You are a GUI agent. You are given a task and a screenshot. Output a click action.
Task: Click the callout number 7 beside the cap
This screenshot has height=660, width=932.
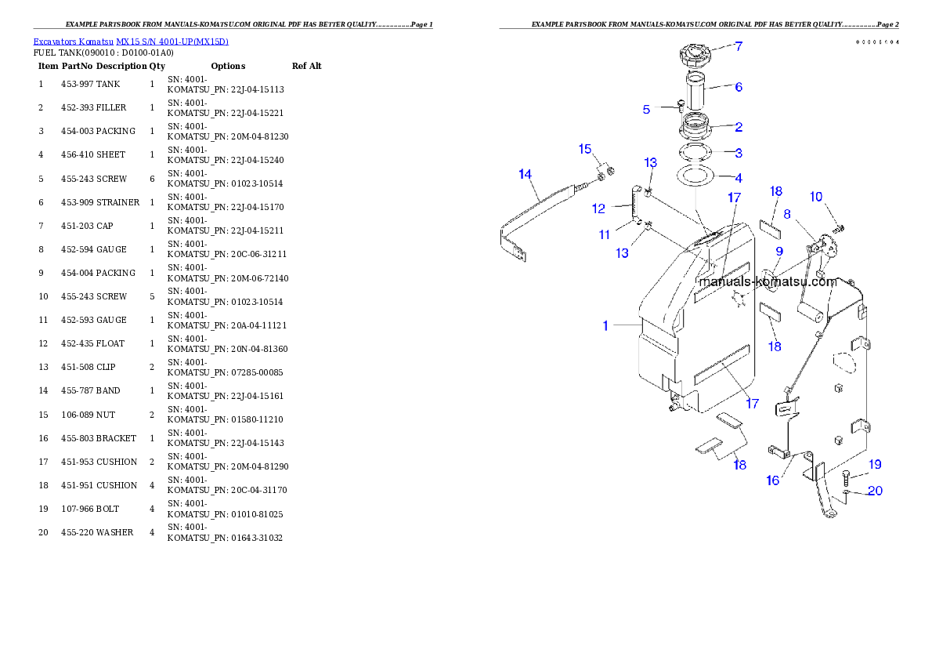pyautogui.click(x=738, y=46)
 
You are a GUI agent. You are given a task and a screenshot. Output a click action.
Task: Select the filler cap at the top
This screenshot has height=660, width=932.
pyautogui.click(x=695, y=56)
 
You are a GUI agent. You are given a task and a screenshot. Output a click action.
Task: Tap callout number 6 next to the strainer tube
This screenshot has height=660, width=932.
pyautogui.click(x=738, y=87)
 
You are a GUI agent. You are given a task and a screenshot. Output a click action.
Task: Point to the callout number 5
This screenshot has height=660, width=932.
pyautogui.click(x=646, y=110)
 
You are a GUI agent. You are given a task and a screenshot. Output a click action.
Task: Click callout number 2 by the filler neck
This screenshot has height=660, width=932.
pyautogui.click(x=738, y=127)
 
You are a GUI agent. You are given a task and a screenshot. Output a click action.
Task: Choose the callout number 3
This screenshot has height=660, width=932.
pyautogui.click(x=738, y=153)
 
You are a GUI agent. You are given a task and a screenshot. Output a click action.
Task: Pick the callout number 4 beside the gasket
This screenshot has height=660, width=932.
pyautogui.click(x=738, y=178)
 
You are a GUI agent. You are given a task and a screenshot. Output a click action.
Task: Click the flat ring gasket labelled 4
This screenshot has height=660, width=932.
pyautogui.click(x=694, y=176)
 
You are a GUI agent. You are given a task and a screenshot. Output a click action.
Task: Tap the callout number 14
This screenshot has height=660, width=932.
pyautogui.click(x=525, y=173)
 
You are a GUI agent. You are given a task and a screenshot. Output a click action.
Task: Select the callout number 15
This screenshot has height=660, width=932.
pyautogui.click(x=585, y=149)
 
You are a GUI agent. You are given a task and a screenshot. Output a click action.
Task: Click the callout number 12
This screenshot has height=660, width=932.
pyautogui.click(x=598, y=209)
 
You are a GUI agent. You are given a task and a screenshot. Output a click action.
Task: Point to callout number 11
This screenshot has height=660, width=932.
pyautogui.click(x=604, y=234)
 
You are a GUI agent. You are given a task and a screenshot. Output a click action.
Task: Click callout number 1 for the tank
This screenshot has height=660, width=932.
pyautogui.click(x=605, y=325)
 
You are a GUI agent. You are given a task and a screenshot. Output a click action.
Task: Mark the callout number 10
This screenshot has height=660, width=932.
pyautogui.click(x=816, y=196)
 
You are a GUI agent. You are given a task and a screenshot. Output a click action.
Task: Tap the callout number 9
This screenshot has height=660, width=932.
pyautogui.click(x=778, y=251)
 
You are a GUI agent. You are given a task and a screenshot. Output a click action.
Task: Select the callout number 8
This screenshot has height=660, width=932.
pyautogui.click(x=786, y=213)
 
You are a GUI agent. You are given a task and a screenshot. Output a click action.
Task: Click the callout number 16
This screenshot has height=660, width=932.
pyautogui.click(x=772, y=480)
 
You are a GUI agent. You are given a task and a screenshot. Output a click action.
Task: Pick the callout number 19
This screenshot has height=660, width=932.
pyautogui.click(x=875, y=464)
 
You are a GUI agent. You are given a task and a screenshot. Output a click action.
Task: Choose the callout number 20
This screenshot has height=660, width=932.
pyautogui.click(x=875, y=491)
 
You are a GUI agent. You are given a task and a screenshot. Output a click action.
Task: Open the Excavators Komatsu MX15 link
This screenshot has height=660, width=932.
pyautogui.click(x=131, y=42)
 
